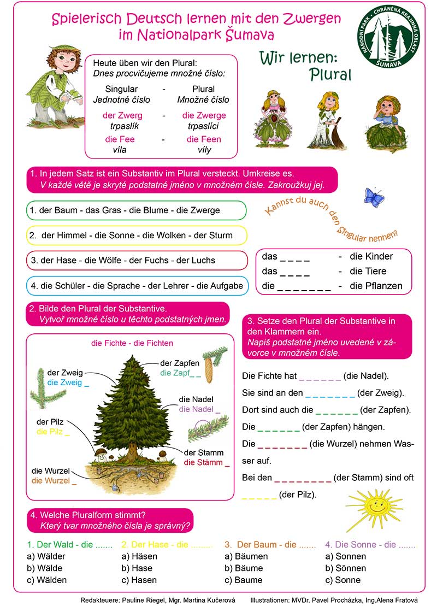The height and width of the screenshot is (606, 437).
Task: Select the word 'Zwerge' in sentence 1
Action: click(206, 210)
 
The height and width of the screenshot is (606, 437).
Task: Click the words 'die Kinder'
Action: click(371, 256)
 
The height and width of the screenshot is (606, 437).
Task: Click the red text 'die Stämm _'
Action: click(206, 462)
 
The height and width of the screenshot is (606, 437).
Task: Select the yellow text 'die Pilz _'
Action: click(53, 432)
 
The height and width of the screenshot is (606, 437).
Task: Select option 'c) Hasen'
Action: click(139, 580)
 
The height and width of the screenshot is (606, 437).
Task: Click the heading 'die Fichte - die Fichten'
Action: click(132, 343)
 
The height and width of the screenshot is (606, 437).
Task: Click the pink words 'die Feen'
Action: click(204, 139)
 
